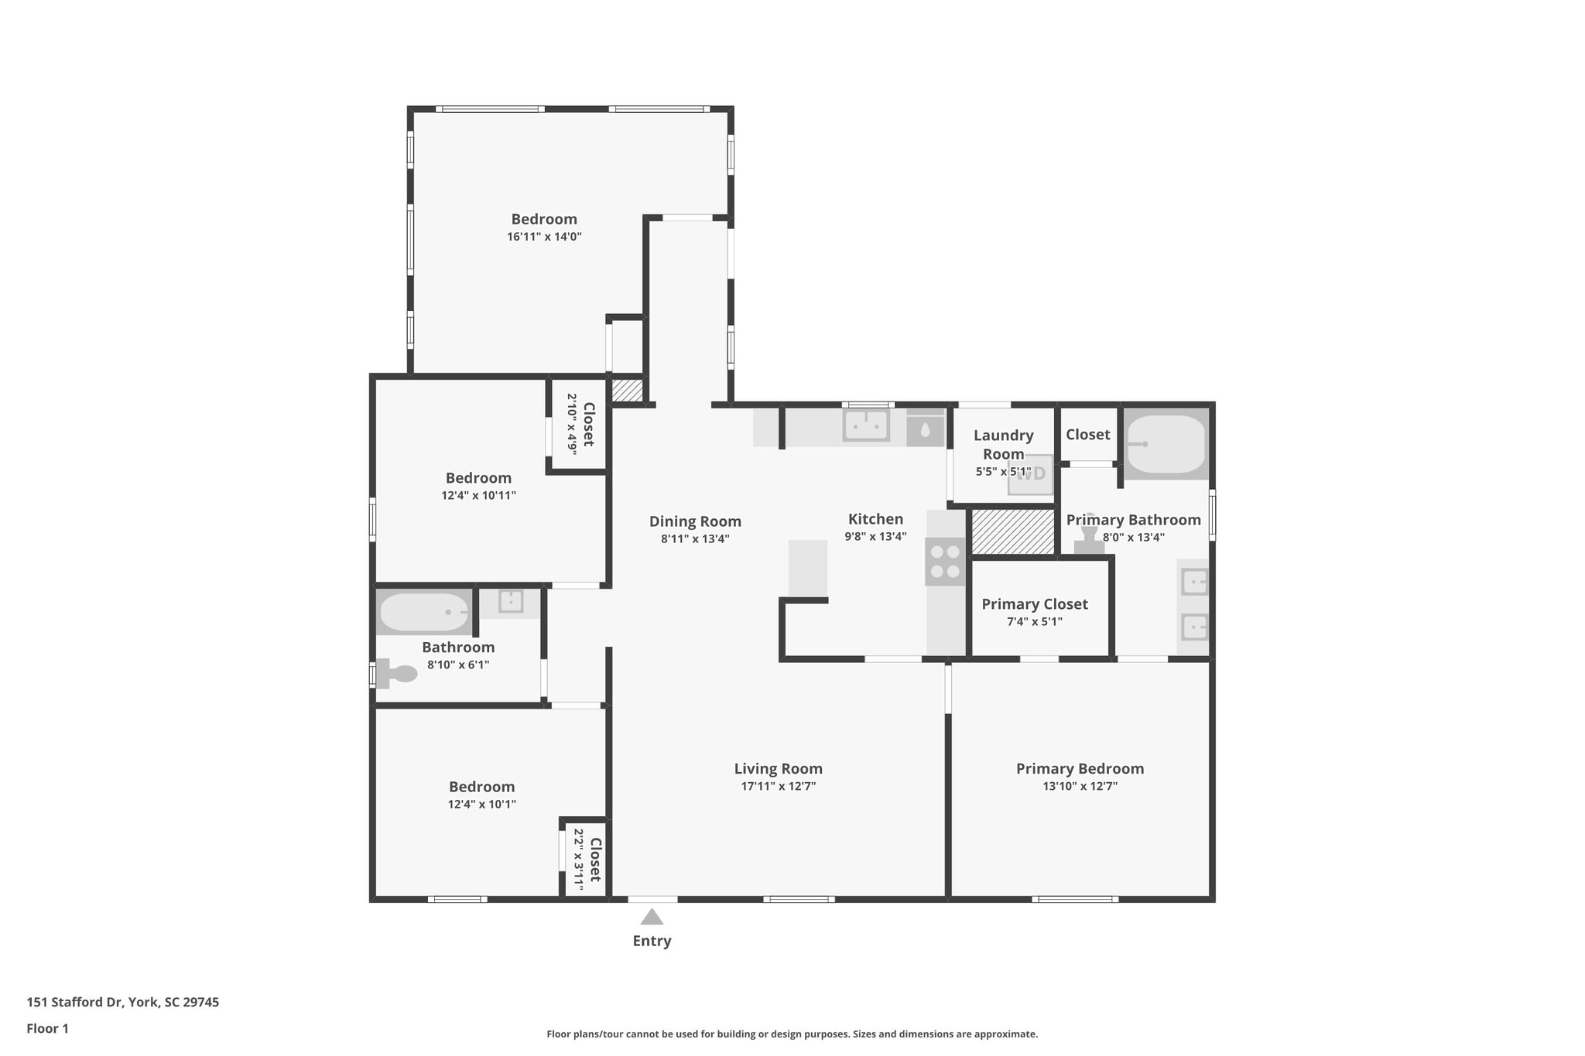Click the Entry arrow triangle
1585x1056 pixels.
pyautogui.click(x=652, y=917)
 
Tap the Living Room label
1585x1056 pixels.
pyautogui.click(x=778, y=768)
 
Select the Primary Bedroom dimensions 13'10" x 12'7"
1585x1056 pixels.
pyautogui.click(x=1080, y=787)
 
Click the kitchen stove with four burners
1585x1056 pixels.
pyautogui.click(x=945, y=562)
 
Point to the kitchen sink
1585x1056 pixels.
pyautogui.click(x=866, y=425)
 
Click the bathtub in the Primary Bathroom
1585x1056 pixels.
pyautogui.click(x=1166, y=444)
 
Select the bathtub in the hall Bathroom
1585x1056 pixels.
pyautogui.click(x=424, y=612)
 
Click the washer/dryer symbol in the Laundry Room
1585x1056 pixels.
pyautogui.click(x=1030, y=475)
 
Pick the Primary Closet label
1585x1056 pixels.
pyautogui.click(x=1034, y=604)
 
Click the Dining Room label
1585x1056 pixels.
pyautogui.click(x=695, y=521)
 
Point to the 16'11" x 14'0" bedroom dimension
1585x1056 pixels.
pyautogui.click(x=544, y=238)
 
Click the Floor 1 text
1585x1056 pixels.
pyautogui.click(x=47, y=1029)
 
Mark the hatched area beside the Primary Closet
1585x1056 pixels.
pyautogui.click(x=1013, y=531)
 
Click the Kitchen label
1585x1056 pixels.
pyautogui.click(x=875, y=519)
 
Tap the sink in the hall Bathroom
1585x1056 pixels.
pyautogui.click(x=510, y=601)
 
